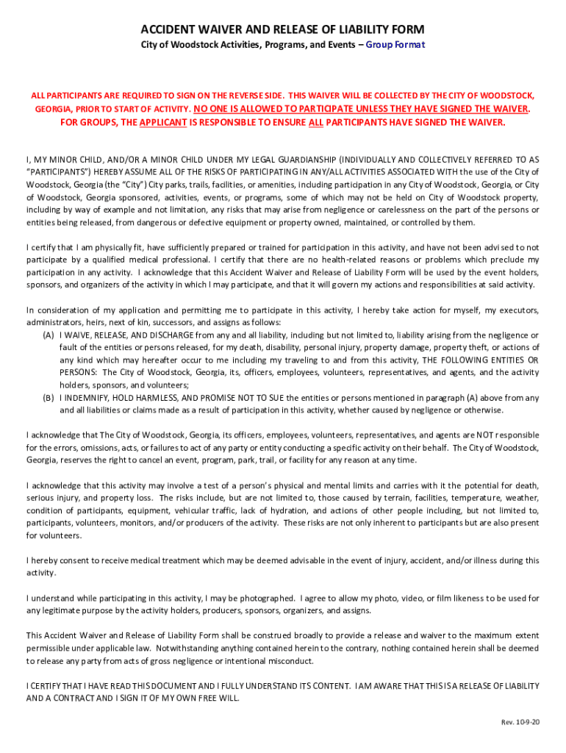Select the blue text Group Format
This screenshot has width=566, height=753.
pos(395,45)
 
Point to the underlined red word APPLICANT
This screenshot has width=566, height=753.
pos(162,122)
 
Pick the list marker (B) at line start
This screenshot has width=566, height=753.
pos(49,397)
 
